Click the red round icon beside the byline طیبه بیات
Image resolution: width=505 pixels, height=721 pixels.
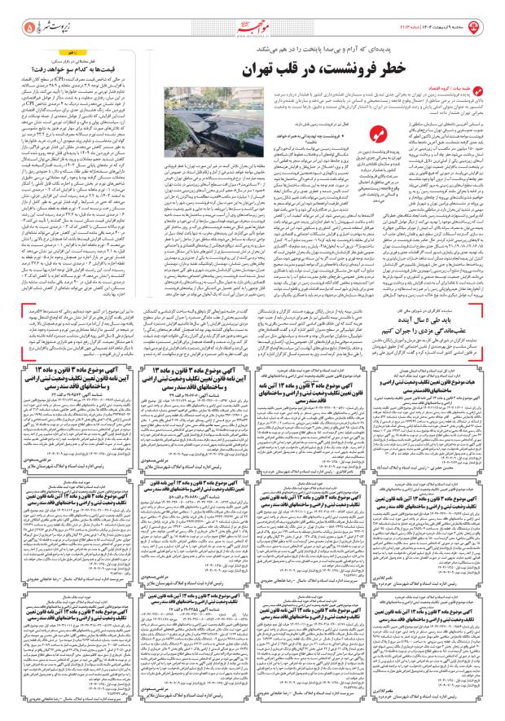[491, 86]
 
